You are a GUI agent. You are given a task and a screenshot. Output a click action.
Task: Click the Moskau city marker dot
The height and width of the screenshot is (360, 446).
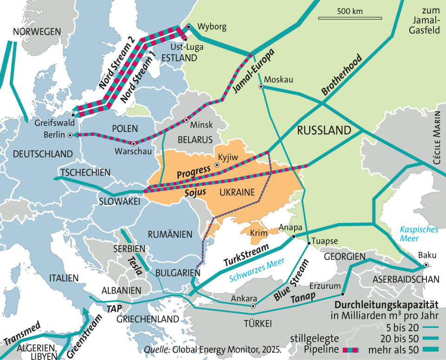(261, 86)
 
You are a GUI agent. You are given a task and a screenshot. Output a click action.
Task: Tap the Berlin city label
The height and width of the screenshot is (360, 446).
(55, 135)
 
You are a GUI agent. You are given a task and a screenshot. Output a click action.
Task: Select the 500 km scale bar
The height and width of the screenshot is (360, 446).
(350, 18)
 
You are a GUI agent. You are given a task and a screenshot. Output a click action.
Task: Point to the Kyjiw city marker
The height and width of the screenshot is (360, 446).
(216, 165)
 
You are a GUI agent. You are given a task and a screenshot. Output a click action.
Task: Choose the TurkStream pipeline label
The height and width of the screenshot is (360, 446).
(247, 255)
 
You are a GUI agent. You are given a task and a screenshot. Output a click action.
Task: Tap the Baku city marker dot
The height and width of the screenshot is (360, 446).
(426, 265)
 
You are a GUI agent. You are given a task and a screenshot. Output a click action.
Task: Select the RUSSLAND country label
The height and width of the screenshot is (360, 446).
(323, 130)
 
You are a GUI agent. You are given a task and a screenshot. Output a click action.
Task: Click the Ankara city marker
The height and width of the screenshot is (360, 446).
(253, 307)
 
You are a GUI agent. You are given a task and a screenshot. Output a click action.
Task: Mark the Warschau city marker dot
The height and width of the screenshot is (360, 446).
(133, 144)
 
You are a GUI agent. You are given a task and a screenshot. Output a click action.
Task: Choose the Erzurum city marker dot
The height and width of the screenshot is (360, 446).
(343, 294)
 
